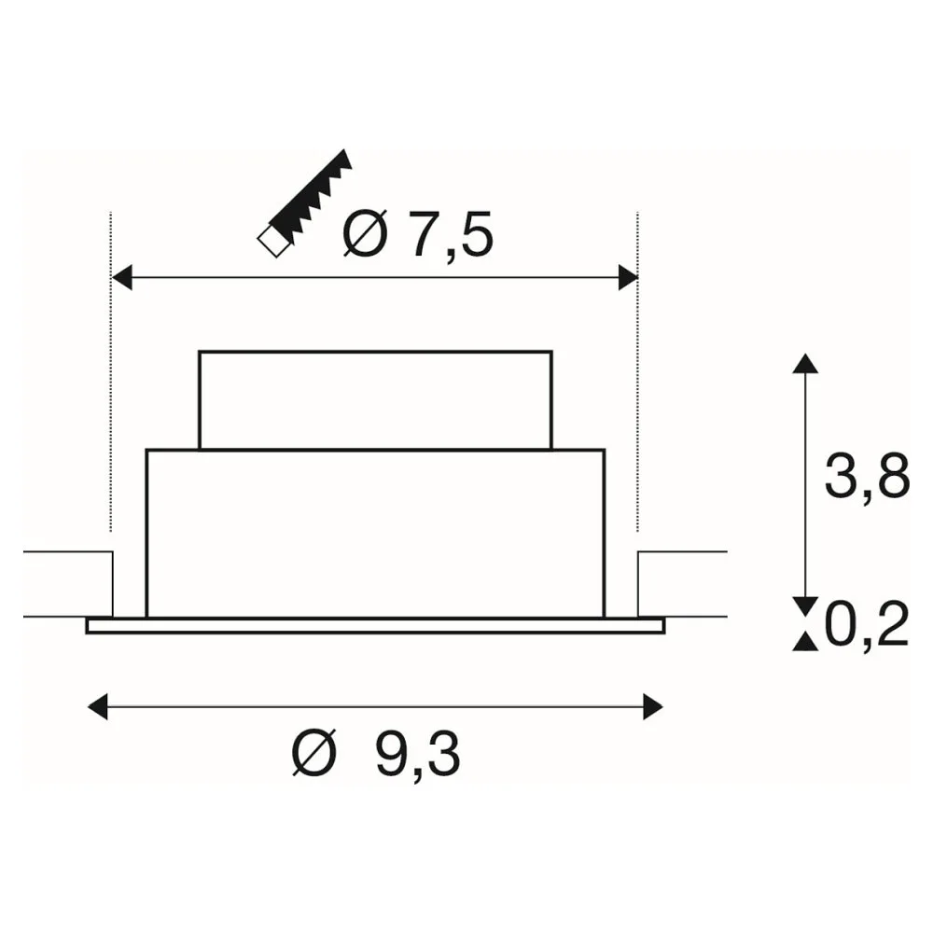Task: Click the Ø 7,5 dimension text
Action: tap(418, 234)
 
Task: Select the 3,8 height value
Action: tap(867, 477)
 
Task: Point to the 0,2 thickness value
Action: tap(867, 624)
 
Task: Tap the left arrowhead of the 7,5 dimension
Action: tap(122, 277)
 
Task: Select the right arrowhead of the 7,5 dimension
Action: tap(628, 277)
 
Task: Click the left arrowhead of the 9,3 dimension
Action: tap(98, 707)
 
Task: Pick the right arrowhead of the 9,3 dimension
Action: tap(653, 707)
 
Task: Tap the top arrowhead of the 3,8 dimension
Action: tap(806, 363)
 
